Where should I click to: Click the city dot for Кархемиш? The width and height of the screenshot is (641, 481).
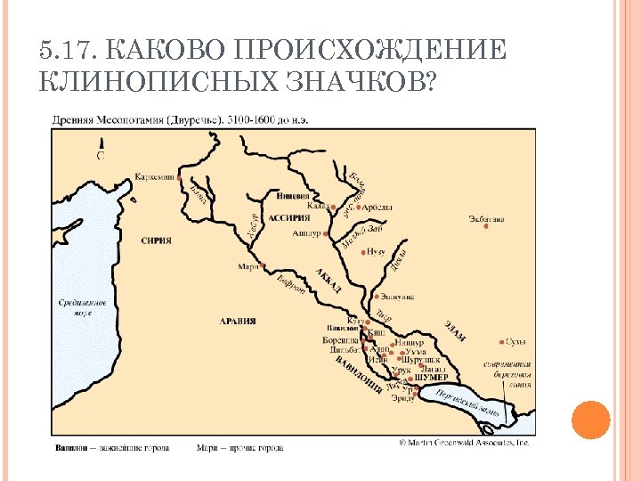(x=181, y=177)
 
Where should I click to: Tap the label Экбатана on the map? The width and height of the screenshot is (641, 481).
(x=487, y=217)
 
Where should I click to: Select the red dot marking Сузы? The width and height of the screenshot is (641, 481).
(x=499, y=341)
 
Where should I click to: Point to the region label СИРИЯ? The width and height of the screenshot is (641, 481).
(x=156, y=240)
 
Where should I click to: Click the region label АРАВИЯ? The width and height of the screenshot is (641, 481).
(x=238, y=321)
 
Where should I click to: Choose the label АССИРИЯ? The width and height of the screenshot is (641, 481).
(x=289, y=217)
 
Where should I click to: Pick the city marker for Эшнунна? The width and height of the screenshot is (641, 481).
(x=377, y=297)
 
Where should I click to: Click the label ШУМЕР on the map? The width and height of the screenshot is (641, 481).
(x=430, y=378)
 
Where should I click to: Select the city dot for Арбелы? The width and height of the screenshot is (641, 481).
(x=361, y=207)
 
